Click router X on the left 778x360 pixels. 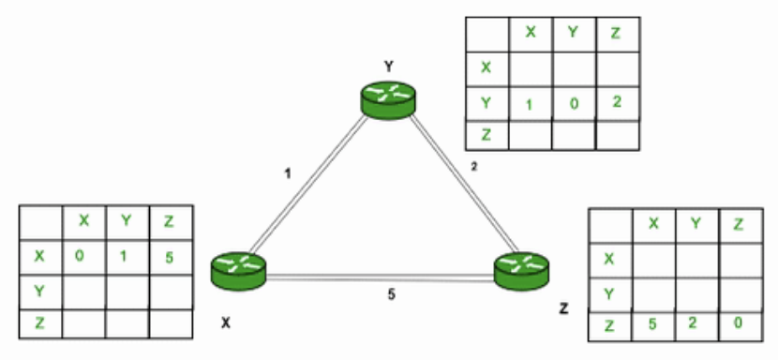coord(238,268)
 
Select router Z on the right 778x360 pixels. coord(520,269)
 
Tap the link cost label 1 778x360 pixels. coord(288,173)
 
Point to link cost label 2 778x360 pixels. coord(473,167)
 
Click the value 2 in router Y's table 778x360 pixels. coord(617,101)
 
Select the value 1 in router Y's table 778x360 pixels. coord(530,103)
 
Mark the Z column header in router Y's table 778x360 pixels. coord(617,32)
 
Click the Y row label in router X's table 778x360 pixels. coord(39,290)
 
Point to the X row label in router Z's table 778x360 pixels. coord(609,259)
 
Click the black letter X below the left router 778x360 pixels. coord(225,322)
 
